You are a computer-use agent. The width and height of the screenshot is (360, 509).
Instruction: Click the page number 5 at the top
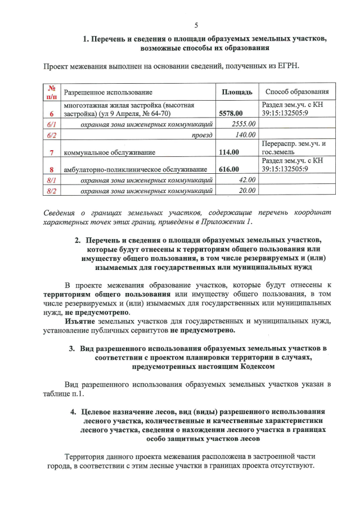point(196,25)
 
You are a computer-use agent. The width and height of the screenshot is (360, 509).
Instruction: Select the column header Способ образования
point(297,92)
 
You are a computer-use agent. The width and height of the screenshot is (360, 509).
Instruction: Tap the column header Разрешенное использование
point(107,92)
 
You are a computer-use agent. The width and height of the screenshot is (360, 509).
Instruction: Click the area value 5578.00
point(231,113)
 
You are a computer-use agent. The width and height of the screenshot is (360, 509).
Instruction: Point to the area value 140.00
point(246,135)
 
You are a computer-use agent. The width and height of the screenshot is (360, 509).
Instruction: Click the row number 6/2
point(52,135)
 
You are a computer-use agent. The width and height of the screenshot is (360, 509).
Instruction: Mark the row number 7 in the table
point(52,152)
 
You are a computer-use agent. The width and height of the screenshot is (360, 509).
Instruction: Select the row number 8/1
point(52,179)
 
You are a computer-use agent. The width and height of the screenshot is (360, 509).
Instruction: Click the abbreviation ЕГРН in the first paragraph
point(287,66)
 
